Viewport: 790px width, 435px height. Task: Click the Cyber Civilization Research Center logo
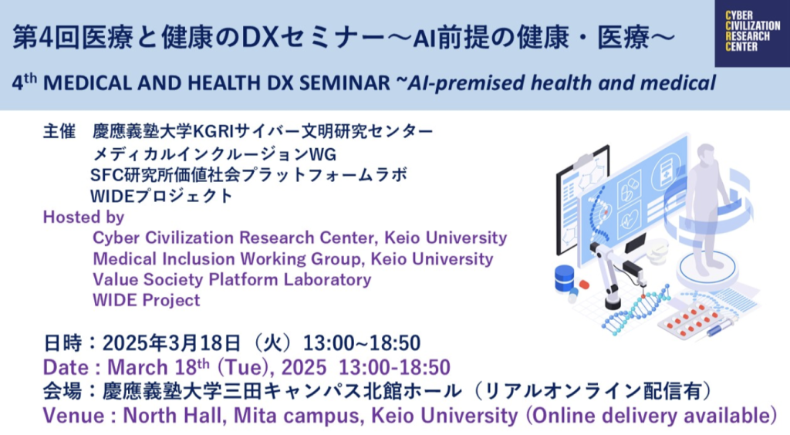pyautogui.click(x=752, y=33)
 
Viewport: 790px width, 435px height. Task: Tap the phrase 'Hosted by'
pyautogui.click(x=83, y=217)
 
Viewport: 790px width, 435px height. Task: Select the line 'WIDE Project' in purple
pyautogui.click(x=146, y=300)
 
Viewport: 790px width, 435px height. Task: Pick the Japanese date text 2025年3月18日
pyautogui.click(x=171, y=343)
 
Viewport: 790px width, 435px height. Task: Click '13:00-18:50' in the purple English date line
pyautogui.click(x=394, y=368)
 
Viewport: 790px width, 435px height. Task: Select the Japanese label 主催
pyautogui.click(x=59, y=131)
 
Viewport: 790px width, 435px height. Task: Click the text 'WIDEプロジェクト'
pyautogui.click(x=161, y=195)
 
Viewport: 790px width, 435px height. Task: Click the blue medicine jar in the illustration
pyautogui.click(x=564, y=278)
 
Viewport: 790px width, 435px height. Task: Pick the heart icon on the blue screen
pyautogui.click(x=630, y=219)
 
